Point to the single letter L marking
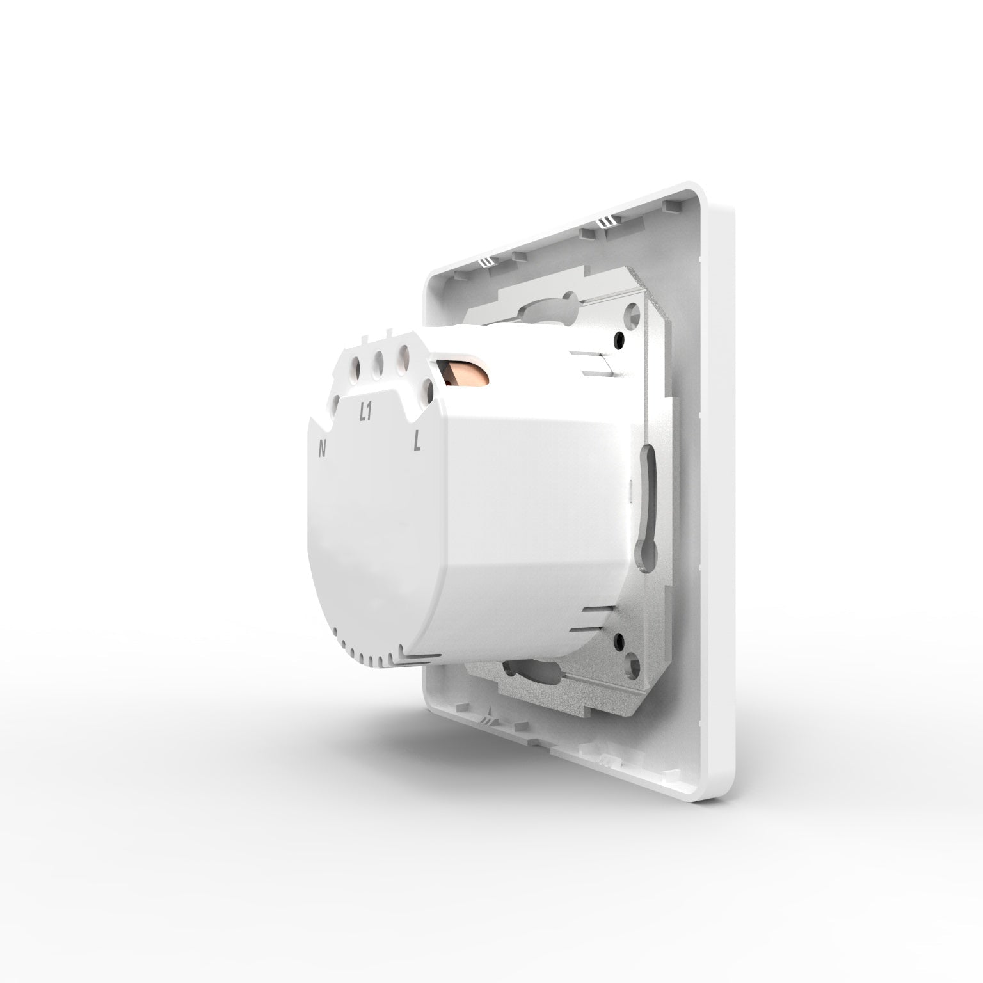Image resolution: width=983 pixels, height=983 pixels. (x=417, y=441)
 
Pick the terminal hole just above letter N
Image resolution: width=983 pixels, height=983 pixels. (x=337, y=403)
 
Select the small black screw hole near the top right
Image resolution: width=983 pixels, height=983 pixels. (x=619, y=341)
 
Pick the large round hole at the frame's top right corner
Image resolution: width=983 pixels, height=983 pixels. (x=634, y=312)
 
